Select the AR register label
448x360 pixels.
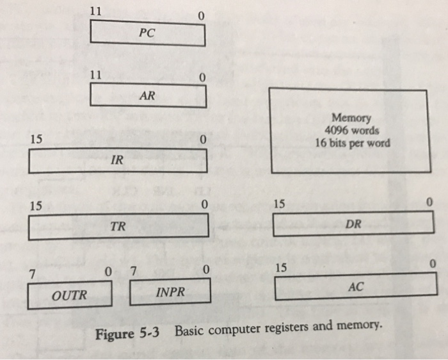tap(147, 97)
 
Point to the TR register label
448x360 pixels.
tap(117, 226)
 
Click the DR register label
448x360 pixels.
tap(353, 224)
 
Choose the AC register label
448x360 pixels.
tap(356, 288)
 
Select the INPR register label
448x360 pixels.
tap(170, 292)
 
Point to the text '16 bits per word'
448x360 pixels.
tap(352, 142)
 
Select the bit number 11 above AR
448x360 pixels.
tap(96, 75)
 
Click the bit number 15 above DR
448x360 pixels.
tap(279, 204)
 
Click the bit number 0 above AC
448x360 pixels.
tap(433, 264)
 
